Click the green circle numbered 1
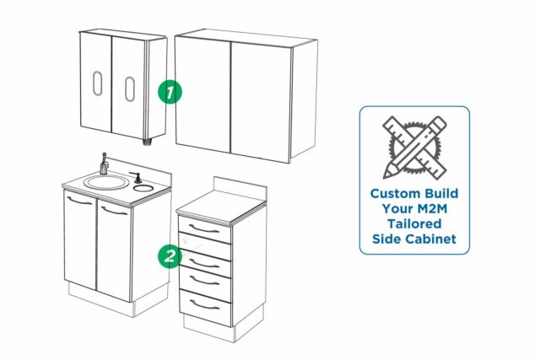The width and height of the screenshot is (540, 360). pyautogui.click(x=170, y=91)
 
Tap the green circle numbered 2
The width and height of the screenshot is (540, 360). pyautogui.click(x=170, y=255)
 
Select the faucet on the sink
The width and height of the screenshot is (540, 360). pyautogui.click(x=104, y=163)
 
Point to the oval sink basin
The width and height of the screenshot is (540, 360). pyautogui.click(x=103, y=181)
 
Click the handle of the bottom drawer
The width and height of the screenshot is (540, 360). pyautogui.click(x=205, y=303)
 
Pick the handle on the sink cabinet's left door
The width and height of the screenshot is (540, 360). pyautogui.click(x=80, y=204)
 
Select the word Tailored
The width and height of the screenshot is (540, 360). pyautogui.click(x=413, y=223)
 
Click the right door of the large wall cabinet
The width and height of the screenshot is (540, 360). pyautogui.click(x=260, y=99)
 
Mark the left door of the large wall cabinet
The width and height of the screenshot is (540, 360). pyautogui.click(x=203, y=93)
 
